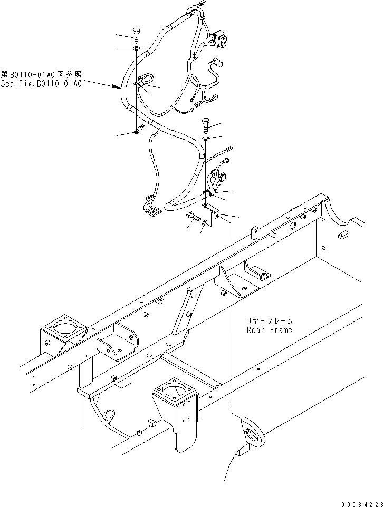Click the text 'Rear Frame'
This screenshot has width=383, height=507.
pos(269,330)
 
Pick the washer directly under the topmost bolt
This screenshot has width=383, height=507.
pos(136,48)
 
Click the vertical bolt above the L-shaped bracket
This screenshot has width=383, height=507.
pos(205,125)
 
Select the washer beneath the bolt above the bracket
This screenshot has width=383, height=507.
pos(205,138)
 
